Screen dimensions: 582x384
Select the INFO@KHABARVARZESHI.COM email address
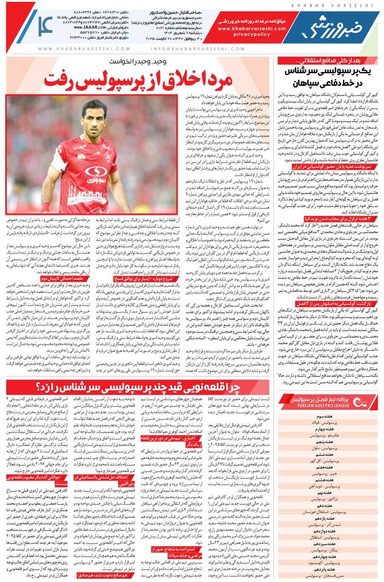pyautogui.click(x=190, y=48)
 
